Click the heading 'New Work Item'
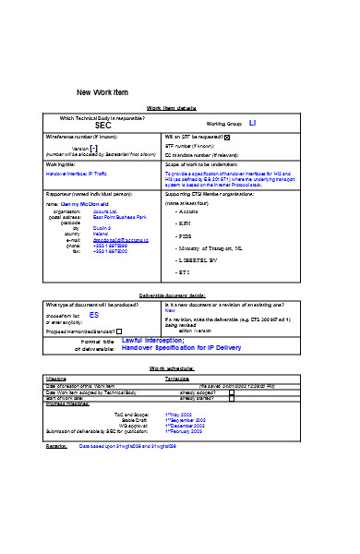102,91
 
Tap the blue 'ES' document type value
94,315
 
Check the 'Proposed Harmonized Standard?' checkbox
119,330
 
